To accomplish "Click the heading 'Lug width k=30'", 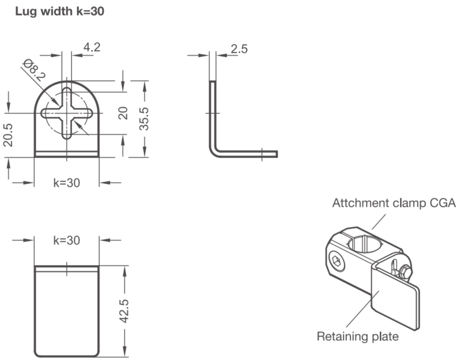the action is click(x=60, y=12).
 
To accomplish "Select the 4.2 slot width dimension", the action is click(x=92, y=47).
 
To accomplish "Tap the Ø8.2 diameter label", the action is click(x=35, y=70).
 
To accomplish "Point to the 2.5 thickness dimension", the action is click(x=239, y=49).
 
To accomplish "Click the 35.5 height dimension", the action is click(x=144, y=119).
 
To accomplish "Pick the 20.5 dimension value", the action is click(x=8, y=135).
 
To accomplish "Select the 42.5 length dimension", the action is click(x=124, y=311).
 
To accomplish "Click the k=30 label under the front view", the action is click(x=67, y=183).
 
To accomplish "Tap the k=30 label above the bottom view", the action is click(x=67, y=240).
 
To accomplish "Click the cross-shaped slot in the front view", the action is click(x=67, y=113).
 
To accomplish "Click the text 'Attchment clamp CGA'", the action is click(x=394, y=203).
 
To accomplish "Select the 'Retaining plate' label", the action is click(x=358, y=336).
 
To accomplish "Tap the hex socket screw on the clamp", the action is click(x=337, y=261).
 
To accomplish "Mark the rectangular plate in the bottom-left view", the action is click(x=67, y=312).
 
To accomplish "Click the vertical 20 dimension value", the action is click(x=123, y=113).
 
